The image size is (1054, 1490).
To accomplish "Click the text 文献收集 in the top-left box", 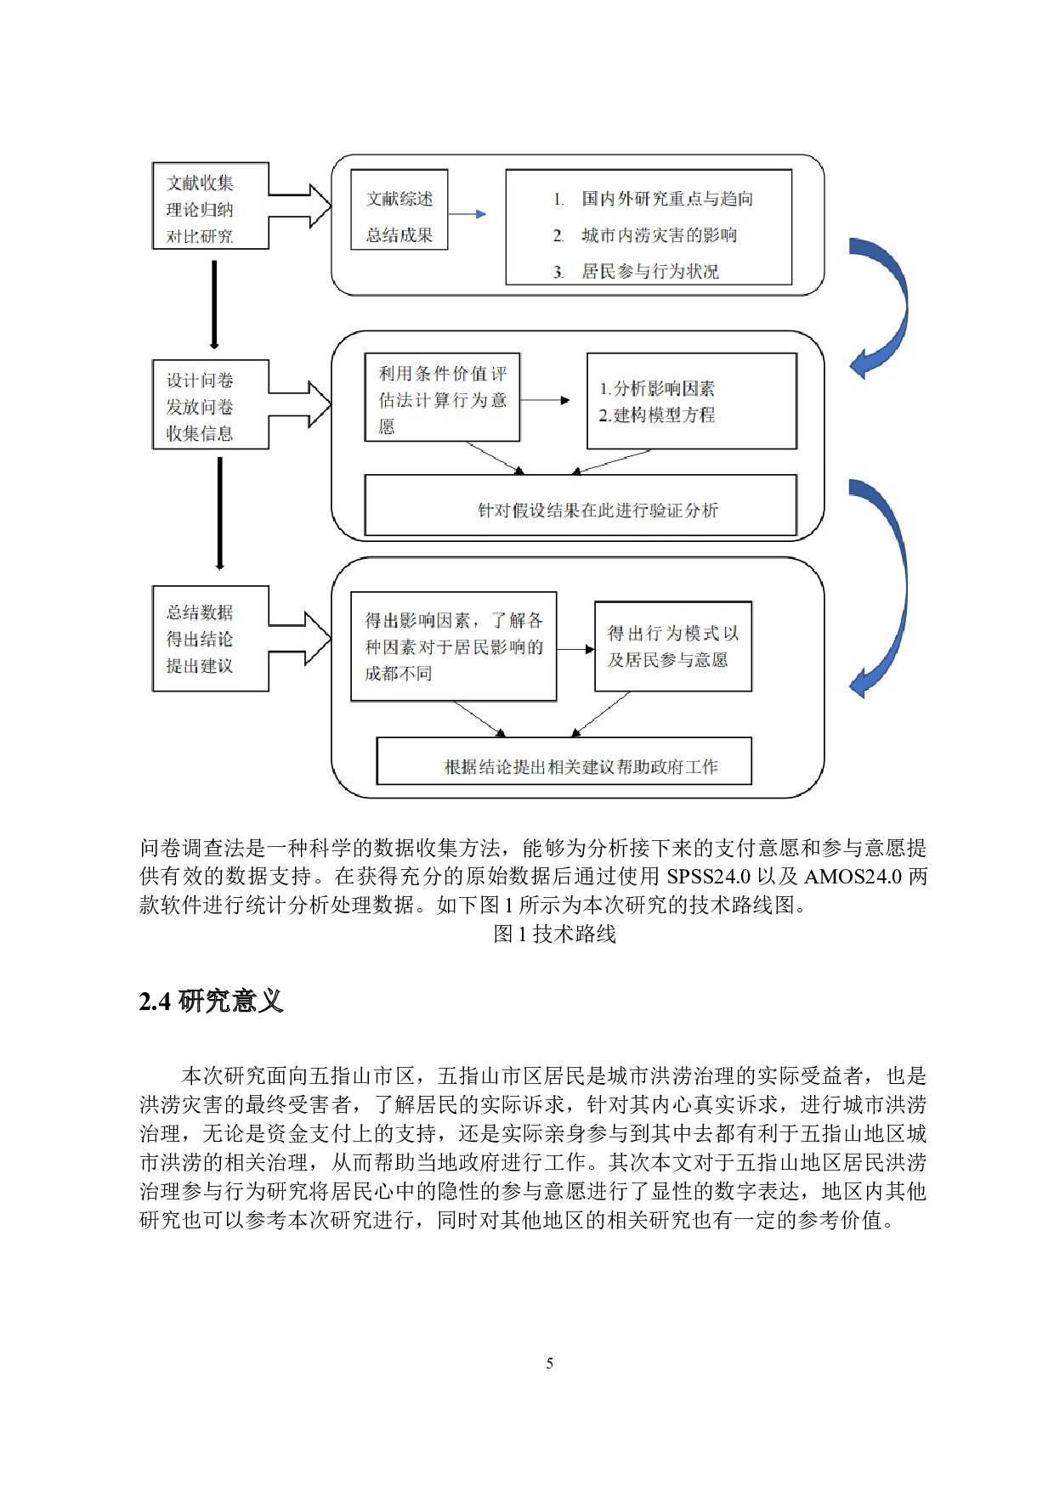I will coord(200,183).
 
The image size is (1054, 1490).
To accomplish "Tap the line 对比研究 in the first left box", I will coord(200,236).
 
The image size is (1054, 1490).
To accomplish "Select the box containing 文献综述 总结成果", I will coord(399,210).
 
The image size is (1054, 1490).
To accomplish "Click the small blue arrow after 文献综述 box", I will coord(467,214).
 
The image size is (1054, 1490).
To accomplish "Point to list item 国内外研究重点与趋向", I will coord(667,199).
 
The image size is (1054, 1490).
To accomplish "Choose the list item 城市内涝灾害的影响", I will coord(659,235).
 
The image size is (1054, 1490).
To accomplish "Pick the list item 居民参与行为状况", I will coord(650,272).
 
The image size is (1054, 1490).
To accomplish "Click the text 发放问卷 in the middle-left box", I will coord(200,407).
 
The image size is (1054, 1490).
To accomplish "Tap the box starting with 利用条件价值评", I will coord(442,398).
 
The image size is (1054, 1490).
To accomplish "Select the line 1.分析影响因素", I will coord(657,388).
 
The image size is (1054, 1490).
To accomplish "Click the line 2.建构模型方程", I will coord(657,415).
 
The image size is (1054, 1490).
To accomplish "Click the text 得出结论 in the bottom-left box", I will coord(200,639).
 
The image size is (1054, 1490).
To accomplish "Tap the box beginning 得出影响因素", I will coord(454,646).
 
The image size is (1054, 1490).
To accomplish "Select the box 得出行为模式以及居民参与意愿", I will coord(673,646).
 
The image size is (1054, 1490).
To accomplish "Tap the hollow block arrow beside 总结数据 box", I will coord(302,638).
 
